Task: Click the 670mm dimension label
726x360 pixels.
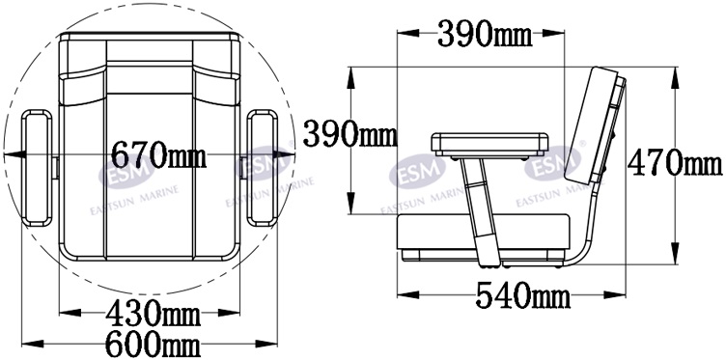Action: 158,155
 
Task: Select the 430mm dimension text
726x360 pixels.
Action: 153,315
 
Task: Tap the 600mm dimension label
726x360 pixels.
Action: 153,344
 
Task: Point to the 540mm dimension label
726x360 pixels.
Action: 522,295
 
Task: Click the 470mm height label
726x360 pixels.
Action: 675,163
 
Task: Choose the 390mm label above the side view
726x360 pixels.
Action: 485,34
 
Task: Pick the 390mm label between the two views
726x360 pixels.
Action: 350,133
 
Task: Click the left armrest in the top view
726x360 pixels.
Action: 38,168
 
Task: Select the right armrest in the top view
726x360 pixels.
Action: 262,168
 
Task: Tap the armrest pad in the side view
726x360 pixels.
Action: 489,145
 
